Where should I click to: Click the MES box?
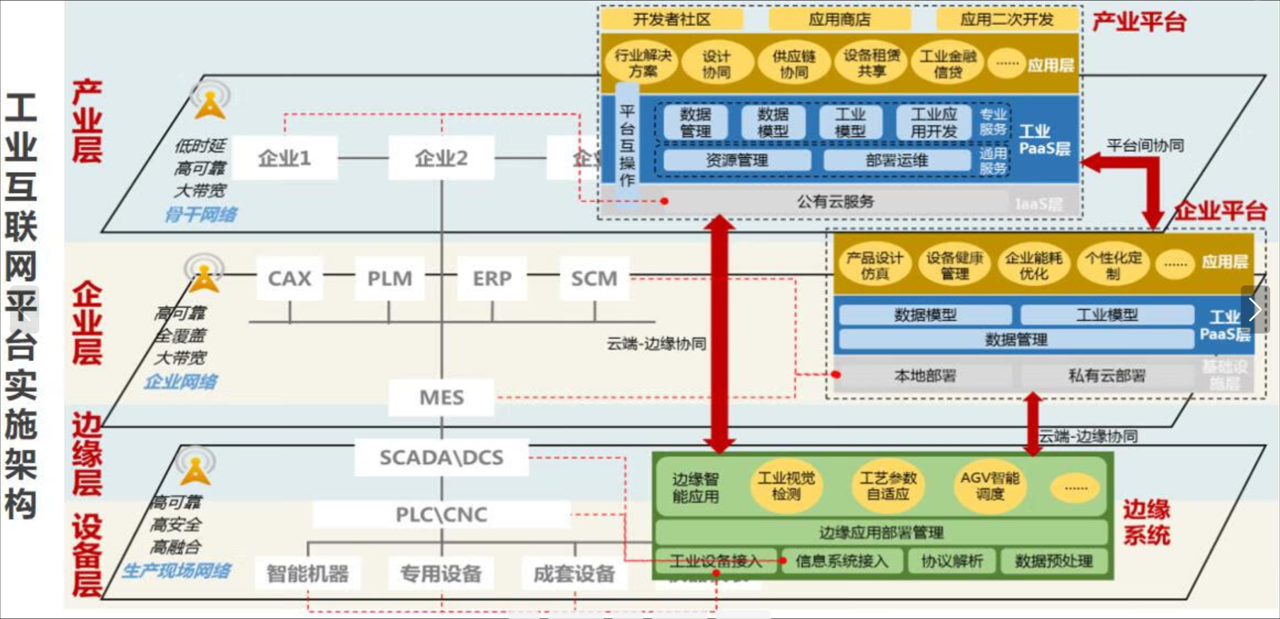click(441, 397)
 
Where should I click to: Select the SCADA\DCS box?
click(441, 457)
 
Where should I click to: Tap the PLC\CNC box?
click(441, 514)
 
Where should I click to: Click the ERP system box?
click(492, 278)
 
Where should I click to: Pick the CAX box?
click(290, 278)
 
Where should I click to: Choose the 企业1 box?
click(285, 158)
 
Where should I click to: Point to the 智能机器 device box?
click(307, 573)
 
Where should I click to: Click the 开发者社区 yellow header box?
click(671, 20)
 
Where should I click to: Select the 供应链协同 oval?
click(794, 64)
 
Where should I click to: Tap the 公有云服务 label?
click(835, 201)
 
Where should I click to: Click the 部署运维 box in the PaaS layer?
click(897, 160)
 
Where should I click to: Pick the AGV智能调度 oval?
click(989, 486)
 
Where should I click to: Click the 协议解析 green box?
click(952, 561)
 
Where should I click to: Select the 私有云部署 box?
click(1107, 376)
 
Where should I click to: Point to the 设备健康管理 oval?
click(954, 265)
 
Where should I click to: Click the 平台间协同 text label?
click(1145, 146)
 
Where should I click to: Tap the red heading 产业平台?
click(1139, 22)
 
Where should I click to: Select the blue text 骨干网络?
click(201, 215)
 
